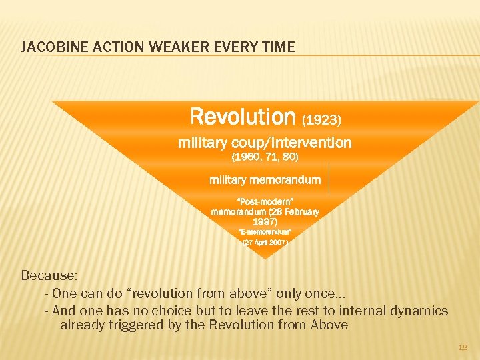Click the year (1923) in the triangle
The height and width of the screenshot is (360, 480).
coord(322,120)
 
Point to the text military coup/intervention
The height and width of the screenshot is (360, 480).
coord(265,143)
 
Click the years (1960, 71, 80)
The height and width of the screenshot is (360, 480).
coord(265,157)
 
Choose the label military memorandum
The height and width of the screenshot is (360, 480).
coord(265,180)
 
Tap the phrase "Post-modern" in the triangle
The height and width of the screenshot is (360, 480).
coord(265,201)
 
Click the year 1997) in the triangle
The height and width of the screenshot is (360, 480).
coord(265,221)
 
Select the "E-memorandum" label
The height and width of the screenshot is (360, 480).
coord(265,232)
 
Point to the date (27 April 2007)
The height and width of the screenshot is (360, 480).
coord(265,243)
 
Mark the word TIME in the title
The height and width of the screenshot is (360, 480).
coord(280,47)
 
